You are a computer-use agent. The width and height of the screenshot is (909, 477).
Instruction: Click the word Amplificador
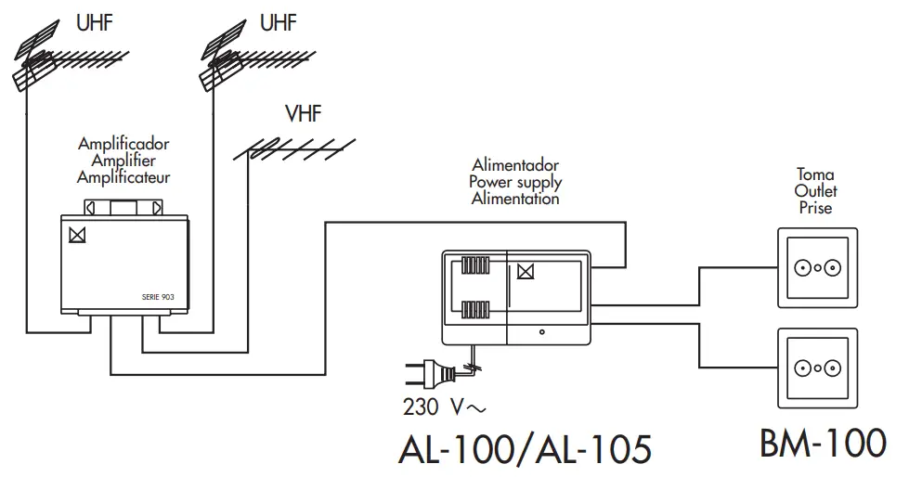pyautogui.click(x=123, y=145)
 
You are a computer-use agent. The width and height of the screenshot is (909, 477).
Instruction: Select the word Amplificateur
pyautogui.click(x=123, y=176)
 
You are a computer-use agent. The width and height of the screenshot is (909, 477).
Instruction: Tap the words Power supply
pyautogui.click(x=515, y=182)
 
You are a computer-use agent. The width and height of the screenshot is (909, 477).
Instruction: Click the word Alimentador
pyautogui.click(x=515, y=166)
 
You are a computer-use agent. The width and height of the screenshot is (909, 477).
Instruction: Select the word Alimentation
pyautogui.click(x=515, y=198)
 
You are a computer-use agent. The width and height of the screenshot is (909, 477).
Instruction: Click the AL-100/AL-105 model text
pyautogui.click(x=524, y=448)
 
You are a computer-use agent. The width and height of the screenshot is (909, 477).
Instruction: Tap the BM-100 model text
pyautogui.click(x=822, y=443)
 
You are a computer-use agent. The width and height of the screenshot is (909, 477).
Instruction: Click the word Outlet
pyautogui.click(x=816, y=191)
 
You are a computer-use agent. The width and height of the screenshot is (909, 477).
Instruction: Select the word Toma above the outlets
pyautogui.click(x=816, y=174)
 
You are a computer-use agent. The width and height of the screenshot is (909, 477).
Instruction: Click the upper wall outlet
pyautogui.click(x=816, y=268)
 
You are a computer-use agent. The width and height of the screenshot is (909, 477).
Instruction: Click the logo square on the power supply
pyautogui.click(x=526, y=272)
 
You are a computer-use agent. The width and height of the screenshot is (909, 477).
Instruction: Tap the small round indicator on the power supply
pyautogui.click(x=541, y=330)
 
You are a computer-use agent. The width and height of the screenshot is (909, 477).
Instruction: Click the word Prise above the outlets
pyautogui.click(x=816, y=208)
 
